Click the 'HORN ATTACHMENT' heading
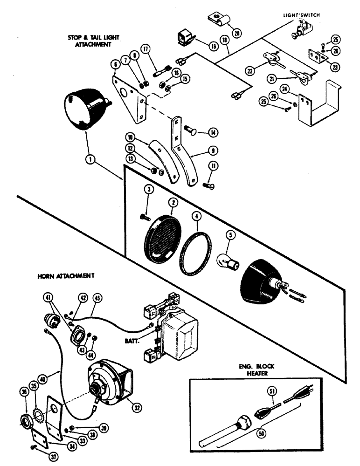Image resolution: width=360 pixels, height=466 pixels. [x=66, y=275]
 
